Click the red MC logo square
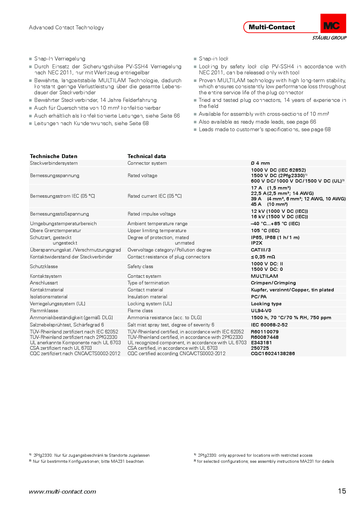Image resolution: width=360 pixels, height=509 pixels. pos(333,23)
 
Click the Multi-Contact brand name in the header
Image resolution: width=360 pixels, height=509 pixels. pos(272,27)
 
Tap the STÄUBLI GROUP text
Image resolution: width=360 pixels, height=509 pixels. pos(329,38)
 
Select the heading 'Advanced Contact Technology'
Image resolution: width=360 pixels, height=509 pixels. pos(66,28)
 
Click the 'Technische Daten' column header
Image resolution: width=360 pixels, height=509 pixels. pos(54,156)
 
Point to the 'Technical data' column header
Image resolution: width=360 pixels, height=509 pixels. pos(147,156)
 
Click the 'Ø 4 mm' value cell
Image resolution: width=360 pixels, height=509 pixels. pos(260,163)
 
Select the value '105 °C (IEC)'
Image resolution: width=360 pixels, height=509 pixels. pos(265,231)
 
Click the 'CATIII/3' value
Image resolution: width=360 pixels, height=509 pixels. pos(261,250)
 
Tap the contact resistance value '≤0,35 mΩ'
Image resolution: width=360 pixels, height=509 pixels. pos(263,257)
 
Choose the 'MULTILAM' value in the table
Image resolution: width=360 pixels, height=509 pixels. pos(264,276)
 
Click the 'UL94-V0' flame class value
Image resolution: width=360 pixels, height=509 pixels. pos(261,311)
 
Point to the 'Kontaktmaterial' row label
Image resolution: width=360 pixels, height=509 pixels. pos(47,290)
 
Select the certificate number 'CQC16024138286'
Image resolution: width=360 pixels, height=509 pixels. pos(273,354)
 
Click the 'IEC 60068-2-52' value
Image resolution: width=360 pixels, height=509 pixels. pos(269,325)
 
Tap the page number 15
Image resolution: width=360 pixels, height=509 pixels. pos(342,491)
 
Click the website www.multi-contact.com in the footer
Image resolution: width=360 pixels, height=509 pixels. pos(63,492)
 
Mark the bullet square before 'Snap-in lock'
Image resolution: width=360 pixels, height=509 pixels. pos(195,59)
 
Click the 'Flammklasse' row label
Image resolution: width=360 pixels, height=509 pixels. pos(44,311)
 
